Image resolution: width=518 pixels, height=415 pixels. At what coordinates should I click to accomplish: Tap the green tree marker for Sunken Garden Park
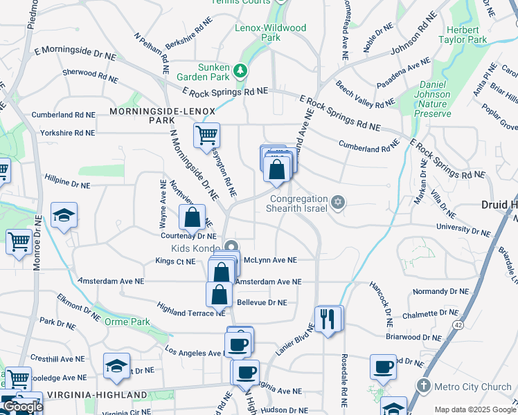(x=240, y=71)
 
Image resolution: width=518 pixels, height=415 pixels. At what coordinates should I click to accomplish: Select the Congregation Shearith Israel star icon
(x=338, y=202)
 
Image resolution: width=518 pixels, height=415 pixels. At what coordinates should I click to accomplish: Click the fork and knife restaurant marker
(x=327, y=319)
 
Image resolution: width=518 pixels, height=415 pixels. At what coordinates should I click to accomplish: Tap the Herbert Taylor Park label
(x=463, y=35)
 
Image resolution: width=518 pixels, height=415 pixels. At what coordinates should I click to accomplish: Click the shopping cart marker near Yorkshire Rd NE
(x=206, y=136)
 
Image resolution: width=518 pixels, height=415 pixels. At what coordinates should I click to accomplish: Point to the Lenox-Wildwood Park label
(x=260, y=33)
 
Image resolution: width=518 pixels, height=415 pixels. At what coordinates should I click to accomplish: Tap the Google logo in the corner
(x=22, y=407)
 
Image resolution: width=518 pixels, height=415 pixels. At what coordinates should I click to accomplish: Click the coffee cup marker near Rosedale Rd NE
(x=383, y=367)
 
